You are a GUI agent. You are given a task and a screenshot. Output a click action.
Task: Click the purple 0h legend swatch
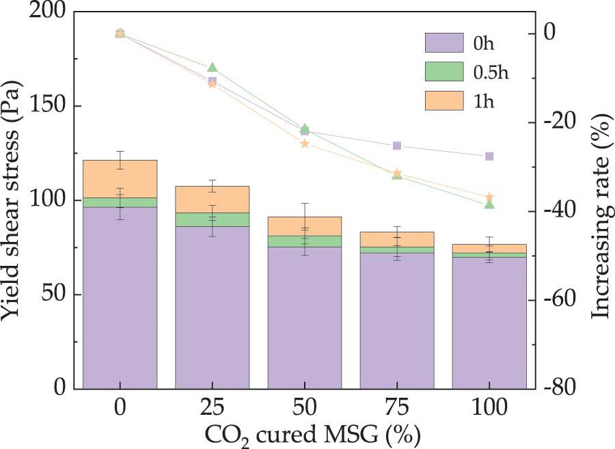[445, 42]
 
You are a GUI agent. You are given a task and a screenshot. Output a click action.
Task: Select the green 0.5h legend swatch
[445, 72]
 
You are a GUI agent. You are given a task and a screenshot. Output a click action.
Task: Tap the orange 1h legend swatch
[445, 101]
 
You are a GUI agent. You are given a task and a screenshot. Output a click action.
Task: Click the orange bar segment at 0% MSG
[120, 179]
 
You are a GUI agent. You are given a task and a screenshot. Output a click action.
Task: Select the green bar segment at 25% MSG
[213, 219]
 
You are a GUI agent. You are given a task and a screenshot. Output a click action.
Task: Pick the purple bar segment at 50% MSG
[305, 318]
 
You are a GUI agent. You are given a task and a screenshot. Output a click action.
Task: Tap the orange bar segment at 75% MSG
[397, 239]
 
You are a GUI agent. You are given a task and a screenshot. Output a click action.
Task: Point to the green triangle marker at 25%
[213, 67]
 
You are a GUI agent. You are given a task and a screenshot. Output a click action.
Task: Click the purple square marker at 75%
[397, 146]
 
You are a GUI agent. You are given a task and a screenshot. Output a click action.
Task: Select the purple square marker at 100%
[489, 157]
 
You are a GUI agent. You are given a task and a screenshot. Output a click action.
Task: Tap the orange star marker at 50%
[305, 144]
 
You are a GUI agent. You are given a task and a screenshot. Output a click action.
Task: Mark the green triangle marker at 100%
[489, 204]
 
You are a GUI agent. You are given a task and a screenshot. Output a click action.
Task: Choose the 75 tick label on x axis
[397, 408]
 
